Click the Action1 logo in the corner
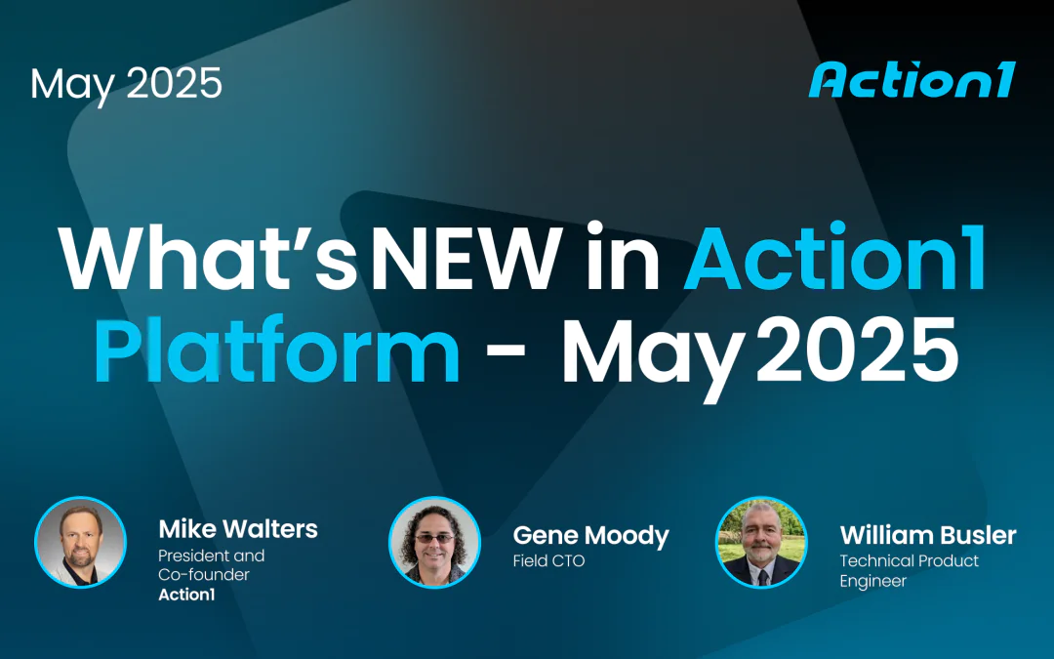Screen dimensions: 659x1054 (912, 80)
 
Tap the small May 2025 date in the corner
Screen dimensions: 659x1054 (126, 84)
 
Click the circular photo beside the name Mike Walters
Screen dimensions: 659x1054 (81, 543)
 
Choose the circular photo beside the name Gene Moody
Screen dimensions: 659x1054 (434, 543)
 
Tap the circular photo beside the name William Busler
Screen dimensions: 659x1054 (761, 543)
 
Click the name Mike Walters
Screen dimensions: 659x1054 (238, 529)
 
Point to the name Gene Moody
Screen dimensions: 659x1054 (590, 535)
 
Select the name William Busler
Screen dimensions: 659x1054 (927, 535)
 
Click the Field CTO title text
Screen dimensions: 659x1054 (548, 561)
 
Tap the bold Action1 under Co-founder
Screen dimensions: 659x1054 (186, 594)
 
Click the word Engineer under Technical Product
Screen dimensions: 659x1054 (872, 581)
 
